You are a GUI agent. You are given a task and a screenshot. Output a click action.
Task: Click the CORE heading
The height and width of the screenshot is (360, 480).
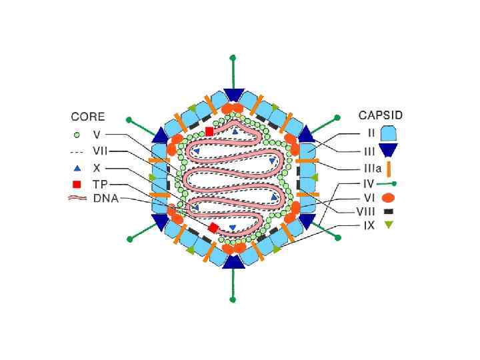pos(89,117)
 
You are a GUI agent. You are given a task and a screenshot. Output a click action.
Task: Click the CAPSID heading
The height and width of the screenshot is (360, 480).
pos(380,115)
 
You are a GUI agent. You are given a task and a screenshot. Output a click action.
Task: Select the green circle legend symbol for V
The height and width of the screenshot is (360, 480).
pos(77,134)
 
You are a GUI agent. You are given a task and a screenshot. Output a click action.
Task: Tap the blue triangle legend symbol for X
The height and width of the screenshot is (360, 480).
pos(77,168)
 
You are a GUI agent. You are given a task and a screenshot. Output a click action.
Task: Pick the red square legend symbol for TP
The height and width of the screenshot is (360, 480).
pos(77,184)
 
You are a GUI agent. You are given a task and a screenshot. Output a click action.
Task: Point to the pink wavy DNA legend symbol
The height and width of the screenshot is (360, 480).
pos(78,199)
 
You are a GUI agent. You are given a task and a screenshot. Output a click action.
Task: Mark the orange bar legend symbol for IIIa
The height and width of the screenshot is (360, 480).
pos(388,168)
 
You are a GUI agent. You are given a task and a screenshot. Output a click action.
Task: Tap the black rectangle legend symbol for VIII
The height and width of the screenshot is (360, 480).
pos(388,211)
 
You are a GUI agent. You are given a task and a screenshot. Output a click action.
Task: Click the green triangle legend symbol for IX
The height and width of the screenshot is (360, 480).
pos(388,225)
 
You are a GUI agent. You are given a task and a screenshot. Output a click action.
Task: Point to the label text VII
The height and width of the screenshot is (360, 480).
pos(100,151)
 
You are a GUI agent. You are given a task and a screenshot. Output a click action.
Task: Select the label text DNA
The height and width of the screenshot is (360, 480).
pos(105,199)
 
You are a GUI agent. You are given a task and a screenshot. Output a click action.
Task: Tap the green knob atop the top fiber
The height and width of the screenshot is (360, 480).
pos(233,58)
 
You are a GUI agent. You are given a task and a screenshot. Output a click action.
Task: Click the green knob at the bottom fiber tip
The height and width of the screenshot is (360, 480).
pos(233,299)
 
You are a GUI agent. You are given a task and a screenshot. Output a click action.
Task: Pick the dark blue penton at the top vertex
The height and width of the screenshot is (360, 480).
pos(233,94)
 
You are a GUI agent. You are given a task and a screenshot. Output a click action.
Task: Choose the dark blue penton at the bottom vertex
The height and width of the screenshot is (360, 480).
pos(233,261)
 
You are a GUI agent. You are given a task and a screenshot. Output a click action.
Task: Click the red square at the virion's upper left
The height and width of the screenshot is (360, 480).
pos(209,131)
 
